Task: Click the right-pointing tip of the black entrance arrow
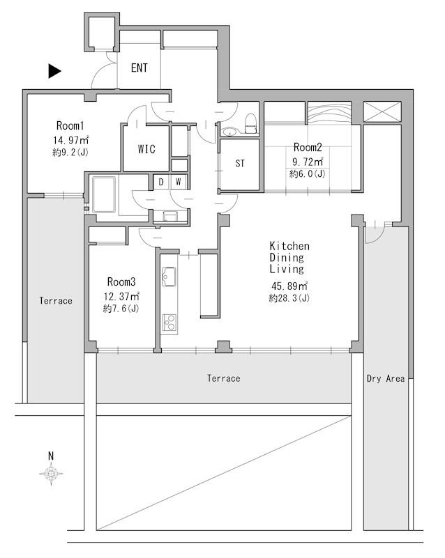(x=61, y=71)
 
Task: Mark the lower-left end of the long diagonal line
(x=97, y=530)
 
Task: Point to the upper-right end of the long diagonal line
(x=351, y=417)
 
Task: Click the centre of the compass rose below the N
(x=52, y=474)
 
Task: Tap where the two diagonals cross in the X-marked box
(x=382, y=111)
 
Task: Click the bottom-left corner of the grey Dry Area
(x=364, y=530)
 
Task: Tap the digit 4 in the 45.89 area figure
(x=275, y=286)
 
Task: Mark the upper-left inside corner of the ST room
(x=221, y=140)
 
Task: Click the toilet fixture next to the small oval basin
(x=251, y=123)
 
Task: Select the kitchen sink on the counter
(x=169, y=277)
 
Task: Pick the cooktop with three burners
(x=169, y=323)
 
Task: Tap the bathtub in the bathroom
(x=104, y=194)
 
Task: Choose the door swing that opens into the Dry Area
(x=375, y=234)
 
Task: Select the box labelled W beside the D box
(x=179, y=183)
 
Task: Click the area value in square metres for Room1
(x=71, y=139)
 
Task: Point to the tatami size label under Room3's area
(x=121, y=308)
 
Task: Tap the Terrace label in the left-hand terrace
(x=56, y=301)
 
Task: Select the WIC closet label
(x=146, y=149)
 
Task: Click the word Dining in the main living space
(x=287, y=257)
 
